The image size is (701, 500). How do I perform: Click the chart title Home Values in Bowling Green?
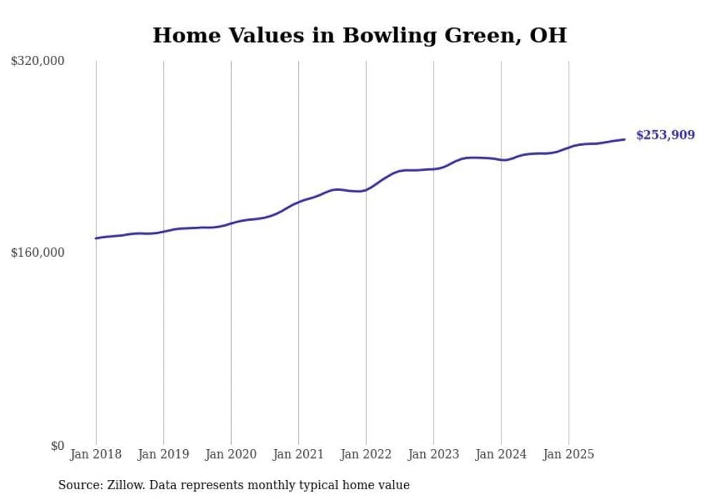359,35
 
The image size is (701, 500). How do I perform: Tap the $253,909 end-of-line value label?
665,134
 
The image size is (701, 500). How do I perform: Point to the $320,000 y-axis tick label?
38,62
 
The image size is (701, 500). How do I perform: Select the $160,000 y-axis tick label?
38,253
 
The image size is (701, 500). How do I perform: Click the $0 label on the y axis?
57,446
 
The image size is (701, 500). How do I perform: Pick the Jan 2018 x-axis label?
96,454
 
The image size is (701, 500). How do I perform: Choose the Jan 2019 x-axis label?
163,454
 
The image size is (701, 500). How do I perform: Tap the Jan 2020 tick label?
231,454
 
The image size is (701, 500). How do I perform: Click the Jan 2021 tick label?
298,454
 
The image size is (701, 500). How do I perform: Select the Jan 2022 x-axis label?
366,454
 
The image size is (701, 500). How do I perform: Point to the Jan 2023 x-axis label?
433,454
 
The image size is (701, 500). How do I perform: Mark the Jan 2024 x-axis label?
501,454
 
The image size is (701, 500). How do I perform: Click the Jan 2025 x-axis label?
569,454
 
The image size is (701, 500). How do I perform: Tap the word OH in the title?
548,35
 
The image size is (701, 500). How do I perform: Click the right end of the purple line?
625,139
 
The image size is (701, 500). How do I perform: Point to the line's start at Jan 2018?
96,238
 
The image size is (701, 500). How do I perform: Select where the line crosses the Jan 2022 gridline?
366,190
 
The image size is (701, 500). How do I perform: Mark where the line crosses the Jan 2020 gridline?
231,223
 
